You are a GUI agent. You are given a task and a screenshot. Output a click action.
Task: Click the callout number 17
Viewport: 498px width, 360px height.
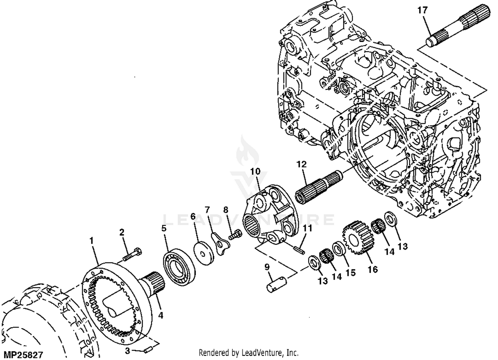422,10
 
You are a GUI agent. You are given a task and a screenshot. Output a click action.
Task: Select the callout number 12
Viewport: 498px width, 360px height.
301,164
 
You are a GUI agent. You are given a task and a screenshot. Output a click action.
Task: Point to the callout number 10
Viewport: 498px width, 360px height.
255,172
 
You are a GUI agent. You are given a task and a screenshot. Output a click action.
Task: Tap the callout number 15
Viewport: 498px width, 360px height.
351,273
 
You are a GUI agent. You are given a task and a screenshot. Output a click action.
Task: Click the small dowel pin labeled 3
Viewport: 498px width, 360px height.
147,350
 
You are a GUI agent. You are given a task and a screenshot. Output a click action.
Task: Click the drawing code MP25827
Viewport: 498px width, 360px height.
23,355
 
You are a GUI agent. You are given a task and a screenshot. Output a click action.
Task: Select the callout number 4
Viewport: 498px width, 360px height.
161,315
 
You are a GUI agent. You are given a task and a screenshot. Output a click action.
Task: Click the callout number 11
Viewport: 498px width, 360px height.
307,228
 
